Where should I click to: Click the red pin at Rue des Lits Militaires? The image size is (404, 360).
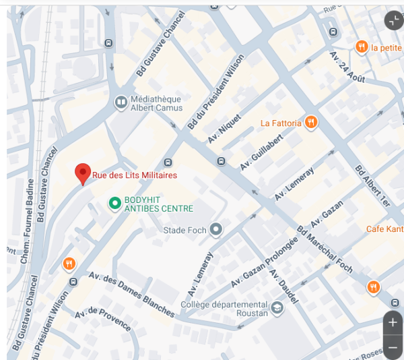(82, 173)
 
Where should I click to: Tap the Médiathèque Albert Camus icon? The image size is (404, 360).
(121, 102)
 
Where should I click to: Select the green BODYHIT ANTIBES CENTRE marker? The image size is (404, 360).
(114, 202)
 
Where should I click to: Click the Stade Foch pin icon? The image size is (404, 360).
(215, 230)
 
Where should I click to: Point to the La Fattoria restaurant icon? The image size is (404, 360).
(310, 123)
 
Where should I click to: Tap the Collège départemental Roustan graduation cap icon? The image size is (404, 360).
(277, 308)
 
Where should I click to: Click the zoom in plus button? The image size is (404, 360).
(393, 323)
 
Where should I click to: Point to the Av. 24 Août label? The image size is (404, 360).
(347, 67)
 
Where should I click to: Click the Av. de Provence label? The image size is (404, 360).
(102, 320)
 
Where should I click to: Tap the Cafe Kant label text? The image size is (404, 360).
(384, 229)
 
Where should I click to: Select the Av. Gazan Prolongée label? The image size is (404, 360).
(264, 262)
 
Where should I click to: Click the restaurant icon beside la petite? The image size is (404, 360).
(362, 47)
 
